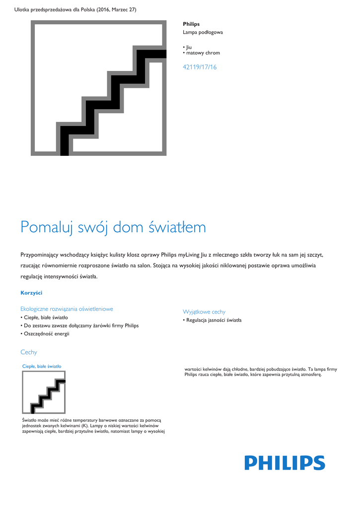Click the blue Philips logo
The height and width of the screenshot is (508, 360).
tap(285, 463)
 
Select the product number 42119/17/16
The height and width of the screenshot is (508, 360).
tap(200, 67)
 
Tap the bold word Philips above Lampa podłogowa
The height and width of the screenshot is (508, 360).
tap(191, 24)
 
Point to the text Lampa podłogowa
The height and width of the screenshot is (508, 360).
tap(203, 32)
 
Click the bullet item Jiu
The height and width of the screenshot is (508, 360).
tap(189, 47)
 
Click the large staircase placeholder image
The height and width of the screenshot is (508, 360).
tap(98, 88)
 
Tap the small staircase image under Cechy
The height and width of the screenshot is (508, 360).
tap(44, 392)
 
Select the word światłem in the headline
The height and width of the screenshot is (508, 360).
tap(177, 227)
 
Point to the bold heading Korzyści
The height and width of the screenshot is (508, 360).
tap(31, 293)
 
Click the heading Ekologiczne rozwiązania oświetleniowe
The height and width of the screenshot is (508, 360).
tap(67, 309)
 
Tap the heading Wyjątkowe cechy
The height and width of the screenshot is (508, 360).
tap(204, 312)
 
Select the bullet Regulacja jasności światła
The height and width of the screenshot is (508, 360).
tap(214, 320)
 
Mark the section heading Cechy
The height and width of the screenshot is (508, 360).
tap(29, 352)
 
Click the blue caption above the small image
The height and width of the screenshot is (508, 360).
tap(42, 366)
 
